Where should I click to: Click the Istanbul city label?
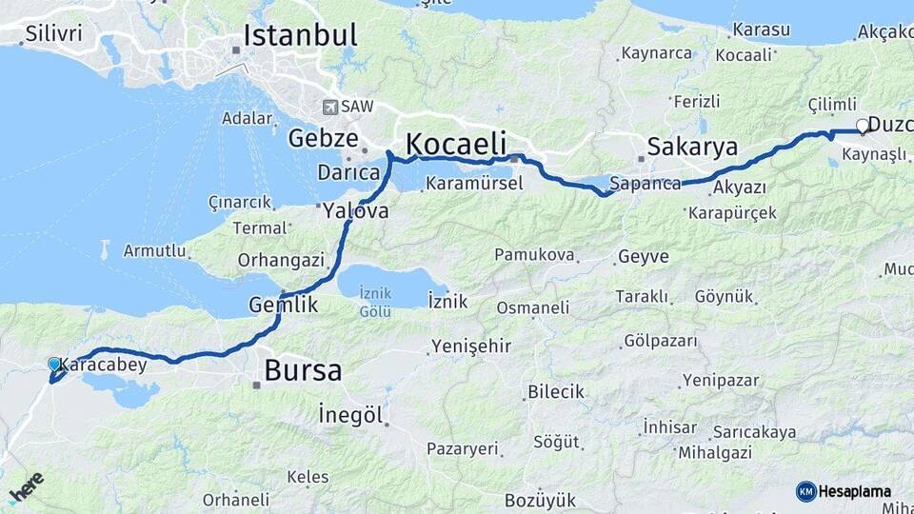coord(300,36)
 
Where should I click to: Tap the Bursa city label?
coord(303,370)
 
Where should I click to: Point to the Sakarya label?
coord(692,147)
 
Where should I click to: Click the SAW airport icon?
coord(330,108)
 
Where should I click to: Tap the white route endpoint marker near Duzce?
coord(863,126)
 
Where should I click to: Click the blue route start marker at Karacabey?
coord(54,365)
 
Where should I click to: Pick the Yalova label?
coord(355,211)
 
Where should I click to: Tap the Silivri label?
coord(53,33)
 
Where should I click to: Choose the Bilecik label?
coord(555,392)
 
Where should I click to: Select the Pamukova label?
coord(534,255)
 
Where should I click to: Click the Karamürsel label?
coord(474,184)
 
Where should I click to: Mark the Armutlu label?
coord(153,250)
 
